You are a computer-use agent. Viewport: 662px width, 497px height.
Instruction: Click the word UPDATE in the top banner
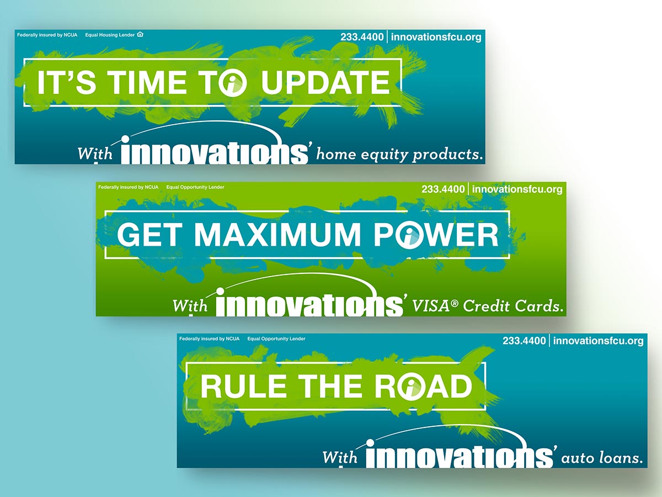coord(325,82)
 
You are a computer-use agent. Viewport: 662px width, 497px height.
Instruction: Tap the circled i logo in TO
coord(233,83)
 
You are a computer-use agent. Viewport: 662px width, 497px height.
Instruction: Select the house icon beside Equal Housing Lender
coord(140,34)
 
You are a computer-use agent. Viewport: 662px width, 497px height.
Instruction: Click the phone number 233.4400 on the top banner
coord(362,37)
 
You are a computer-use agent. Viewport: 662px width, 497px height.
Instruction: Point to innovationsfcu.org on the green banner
coord(517,189)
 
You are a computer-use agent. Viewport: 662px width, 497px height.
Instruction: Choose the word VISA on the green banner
coord(431,306)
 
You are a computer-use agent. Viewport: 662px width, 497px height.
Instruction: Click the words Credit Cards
coord(513,306)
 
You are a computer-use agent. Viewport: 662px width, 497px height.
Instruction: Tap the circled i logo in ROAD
coord(412,387)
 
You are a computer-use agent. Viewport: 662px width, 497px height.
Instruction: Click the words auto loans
coord(602,458)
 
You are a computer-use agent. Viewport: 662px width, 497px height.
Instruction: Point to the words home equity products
coord(399,155)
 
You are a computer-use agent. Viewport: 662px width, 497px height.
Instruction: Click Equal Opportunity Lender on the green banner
coord(195,187)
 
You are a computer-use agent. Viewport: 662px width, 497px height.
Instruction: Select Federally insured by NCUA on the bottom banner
coord(209,339)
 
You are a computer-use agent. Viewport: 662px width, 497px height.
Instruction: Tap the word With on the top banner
coord(95,153)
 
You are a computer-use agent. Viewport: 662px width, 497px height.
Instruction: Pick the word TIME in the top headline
coord(147,82)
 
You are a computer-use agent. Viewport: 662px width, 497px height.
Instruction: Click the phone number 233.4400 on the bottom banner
coord(524,341)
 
